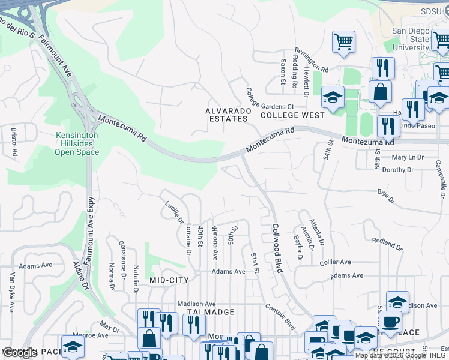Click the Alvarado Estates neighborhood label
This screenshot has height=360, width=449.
226,115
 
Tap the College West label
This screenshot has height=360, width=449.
292,115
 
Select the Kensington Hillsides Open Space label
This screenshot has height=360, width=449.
77,143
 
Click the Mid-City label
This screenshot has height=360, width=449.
169,280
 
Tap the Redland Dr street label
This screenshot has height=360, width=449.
387,243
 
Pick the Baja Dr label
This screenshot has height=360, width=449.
385,196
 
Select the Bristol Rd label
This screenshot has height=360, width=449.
14,141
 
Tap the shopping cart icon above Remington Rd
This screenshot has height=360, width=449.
343,42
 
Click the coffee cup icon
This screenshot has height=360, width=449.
390,320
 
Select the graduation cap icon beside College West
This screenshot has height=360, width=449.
333,97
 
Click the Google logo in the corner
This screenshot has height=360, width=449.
20,353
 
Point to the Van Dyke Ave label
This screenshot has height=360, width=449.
11,292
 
